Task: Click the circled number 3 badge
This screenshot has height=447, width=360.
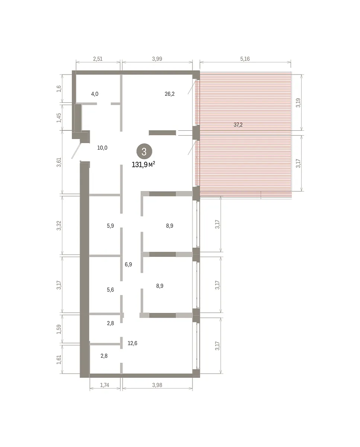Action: [x=144, y=151]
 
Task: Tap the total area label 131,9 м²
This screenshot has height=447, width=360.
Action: [x=143, y=165]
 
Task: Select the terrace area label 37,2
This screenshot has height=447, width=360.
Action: [x=238, y=125]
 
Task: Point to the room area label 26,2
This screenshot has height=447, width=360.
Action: [x=169, y=94]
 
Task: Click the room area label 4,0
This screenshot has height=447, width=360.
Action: [x=95, y=94]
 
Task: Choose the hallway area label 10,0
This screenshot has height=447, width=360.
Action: [x=102, y=148]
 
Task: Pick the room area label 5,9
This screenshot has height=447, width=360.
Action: [x=110, y=226]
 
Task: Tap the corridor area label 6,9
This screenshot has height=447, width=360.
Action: [x=128, y=264]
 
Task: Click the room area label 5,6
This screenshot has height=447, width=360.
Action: [x=110, y=289]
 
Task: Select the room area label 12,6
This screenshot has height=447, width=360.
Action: [x=132, y=343]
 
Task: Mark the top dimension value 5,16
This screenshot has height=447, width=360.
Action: [x=245, y=59]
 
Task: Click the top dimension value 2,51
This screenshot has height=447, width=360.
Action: [x=98, y=59]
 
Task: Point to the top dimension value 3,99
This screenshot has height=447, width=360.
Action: [x=157, y=59]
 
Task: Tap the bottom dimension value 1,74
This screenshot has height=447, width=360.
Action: [x=105, y=385]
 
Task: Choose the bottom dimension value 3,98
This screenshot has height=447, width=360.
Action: [x=157, y=385]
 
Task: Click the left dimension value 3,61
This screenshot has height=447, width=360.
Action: [x=59, y=162]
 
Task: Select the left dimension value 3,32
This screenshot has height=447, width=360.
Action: [x=59, y=225]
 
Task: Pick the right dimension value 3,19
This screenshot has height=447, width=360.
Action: [x=298, y=102]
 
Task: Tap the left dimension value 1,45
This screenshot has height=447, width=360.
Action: [x=59, y=118]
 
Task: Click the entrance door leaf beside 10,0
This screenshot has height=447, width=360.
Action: [x=76, y=150]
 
